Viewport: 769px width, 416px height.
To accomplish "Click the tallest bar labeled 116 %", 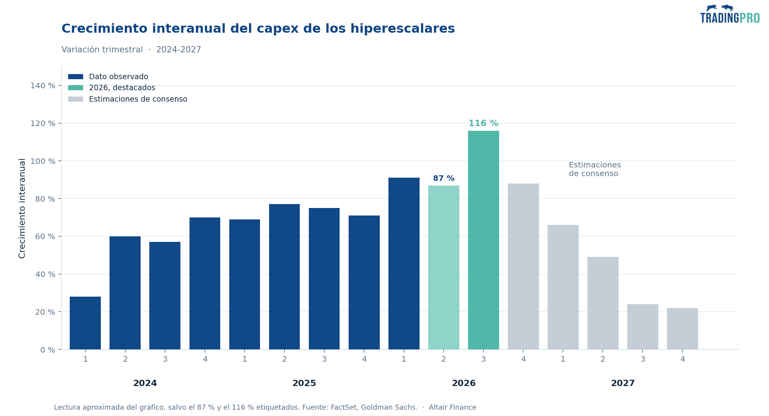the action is (x=483, y=240).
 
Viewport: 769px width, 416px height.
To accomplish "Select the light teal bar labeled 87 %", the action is (x=444, y=267).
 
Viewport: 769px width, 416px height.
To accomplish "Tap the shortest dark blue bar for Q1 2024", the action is (x=85, y=323).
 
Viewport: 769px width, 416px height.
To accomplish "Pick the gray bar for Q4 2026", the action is (x=523, y=266).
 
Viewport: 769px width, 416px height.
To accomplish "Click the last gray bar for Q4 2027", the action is (x=682, y=329).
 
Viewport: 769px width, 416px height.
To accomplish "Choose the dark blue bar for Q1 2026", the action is (x=404, y=264).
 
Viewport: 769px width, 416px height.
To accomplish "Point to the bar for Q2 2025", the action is (x=284, y=277).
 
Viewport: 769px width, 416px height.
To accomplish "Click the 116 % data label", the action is (x=483, y=123).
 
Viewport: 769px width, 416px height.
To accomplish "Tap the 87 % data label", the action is (x=444, y=178).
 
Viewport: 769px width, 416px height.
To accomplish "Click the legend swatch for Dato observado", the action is (x=76, y=77).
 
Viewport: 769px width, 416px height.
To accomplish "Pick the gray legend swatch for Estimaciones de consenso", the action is (x=76, y=99).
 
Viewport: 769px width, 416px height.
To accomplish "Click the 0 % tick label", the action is (x=48, y=350).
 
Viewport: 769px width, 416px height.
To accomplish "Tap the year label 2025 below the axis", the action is (x=304, y=383).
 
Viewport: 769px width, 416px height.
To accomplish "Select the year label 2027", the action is (x=623, y=383).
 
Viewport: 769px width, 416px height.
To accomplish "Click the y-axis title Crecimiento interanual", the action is (x=22, y=208).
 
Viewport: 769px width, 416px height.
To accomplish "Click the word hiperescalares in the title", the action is (x=402, y=29).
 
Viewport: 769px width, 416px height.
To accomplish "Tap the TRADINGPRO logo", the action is (x=730, y=14).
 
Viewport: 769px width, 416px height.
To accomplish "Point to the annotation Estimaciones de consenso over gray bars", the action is (x=595, y=169).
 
